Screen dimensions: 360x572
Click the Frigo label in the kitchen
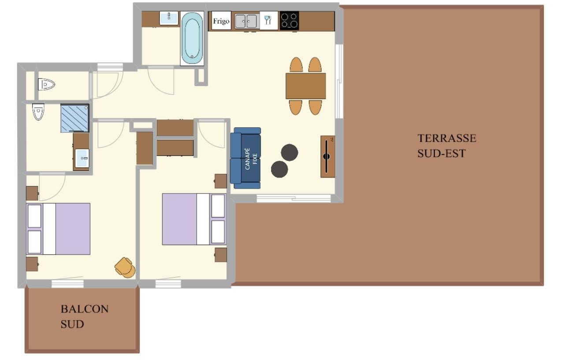point(221,21)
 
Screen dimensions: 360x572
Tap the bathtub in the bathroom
point(192,38)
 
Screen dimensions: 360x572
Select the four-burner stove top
point(289,21)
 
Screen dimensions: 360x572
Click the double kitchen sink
point(246,21)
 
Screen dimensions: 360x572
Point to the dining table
point(305,86)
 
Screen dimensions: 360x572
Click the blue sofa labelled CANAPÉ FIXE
point(246,158)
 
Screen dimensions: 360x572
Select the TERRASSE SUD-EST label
point(446,145)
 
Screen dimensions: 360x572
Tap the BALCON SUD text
point(84,316)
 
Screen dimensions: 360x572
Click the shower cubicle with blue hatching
point(74,118)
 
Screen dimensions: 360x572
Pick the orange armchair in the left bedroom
point(126,267)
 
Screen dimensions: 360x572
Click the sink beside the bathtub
point(169,18)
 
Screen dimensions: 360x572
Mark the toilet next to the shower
point(39,112)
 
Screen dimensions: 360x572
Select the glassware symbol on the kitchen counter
point(268,21)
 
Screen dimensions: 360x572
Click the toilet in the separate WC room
point(46,84)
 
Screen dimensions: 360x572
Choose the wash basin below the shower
point(82,158)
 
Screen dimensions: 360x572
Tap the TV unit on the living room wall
point(327,156)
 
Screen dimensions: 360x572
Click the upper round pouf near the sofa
point(290,152)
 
